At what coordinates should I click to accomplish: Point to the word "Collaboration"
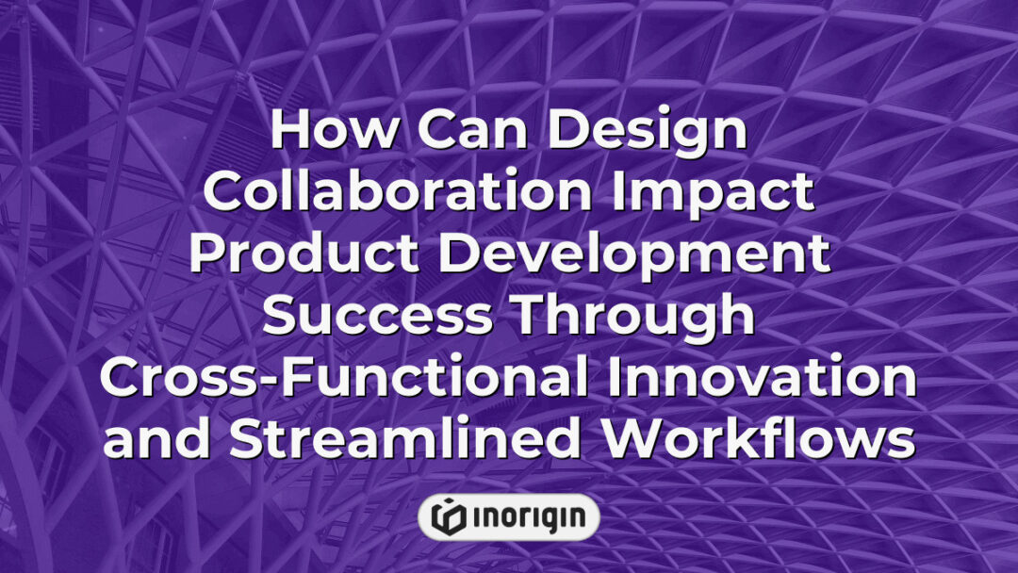(x=398, y=190)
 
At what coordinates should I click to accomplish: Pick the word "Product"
(x=304, y=254)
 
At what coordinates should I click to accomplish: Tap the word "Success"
(x=377, y=316)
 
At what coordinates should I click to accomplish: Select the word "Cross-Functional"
(x=343, y=377)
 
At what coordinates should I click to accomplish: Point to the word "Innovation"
(x=762, y=377)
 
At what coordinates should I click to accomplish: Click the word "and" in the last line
(x=156, y=438)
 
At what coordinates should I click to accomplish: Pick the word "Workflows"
(x=758, y=438)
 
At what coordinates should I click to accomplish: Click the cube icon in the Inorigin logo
(x=449, y=517)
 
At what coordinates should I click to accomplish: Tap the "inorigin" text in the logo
(x=529, y=518)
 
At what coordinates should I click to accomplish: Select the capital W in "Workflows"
(x=634, y=438)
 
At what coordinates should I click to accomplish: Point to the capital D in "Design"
(x=567, y=129)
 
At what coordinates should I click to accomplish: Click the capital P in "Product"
(x=207, y=254)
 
